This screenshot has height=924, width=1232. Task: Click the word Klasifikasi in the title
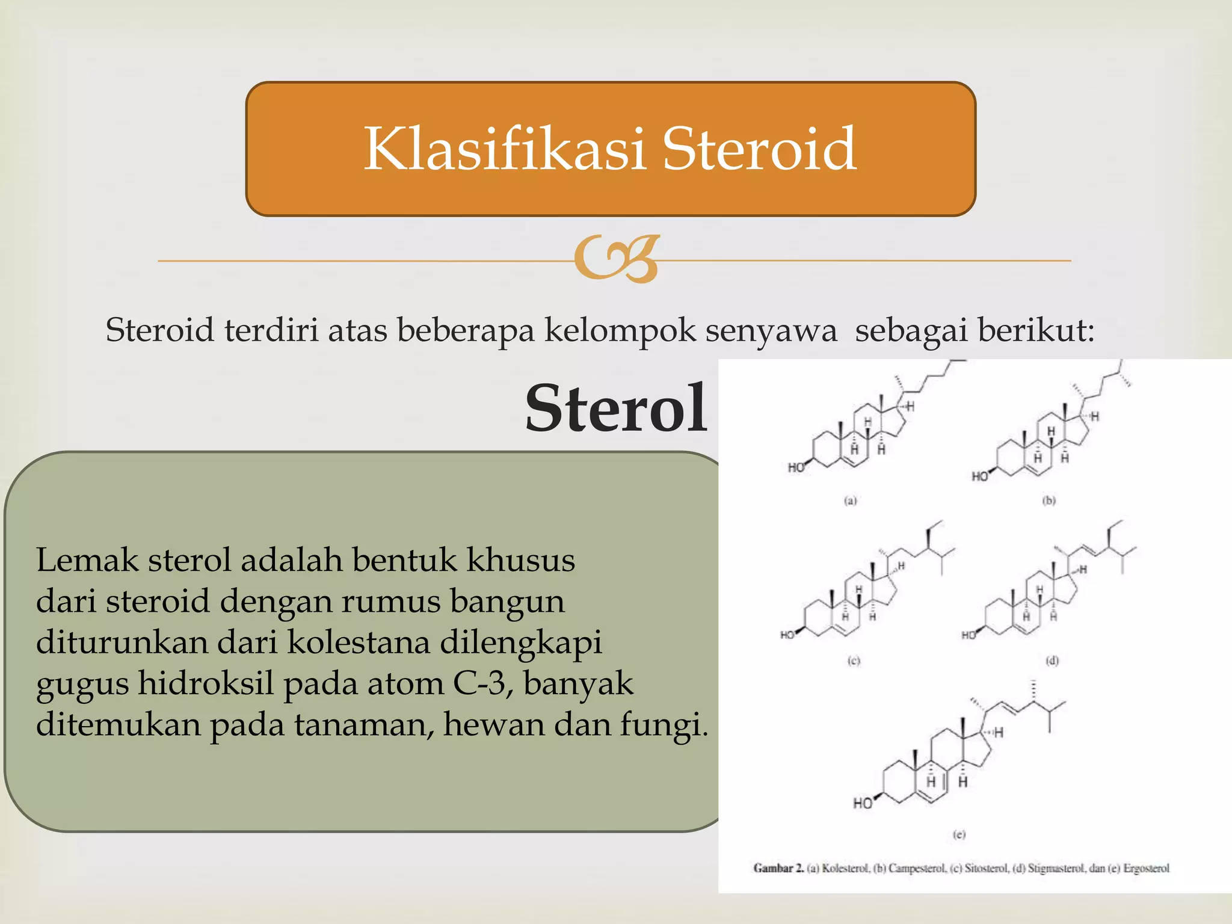(504, 149)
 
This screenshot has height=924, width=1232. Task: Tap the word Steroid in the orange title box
(759, 149)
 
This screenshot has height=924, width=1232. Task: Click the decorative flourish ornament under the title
(616, 259)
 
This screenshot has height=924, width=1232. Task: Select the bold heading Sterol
(616, 408)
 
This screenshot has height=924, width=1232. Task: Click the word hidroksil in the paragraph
(206, 683)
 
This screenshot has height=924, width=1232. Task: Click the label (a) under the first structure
(850, 500)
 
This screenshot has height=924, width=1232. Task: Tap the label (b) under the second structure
(1049, 500)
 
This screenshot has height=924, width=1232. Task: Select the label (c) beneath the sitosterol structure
(854, 661)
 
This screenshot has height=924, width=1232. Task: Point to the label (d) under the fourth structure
(1052, 661)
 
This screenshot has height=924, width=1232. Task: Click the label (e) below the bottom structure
(959, 834)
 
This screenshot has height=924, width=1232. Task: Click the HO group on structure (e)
(863, 803)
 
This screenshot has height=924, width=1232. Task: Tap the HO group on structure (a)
(796, 468)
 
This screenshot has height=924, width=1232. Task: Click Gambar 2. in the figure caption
(778, 868)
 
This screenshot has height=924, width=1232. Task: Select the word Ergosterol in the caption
(1146, 868)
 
